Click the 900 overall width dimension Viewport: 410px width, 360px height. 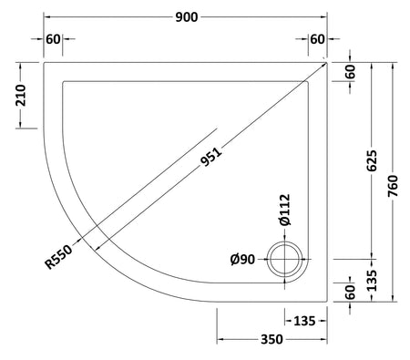click(x=187, y=17)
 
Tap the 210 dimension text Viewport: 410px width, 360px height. click(x=21, y=96)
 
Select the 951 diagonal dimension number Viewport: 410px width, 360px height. click(x=211, y=157)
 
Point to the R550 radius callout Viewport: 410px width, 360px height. click(x=59, y=257)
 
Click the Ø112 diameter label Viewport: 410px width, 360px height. click(x=285, y=210)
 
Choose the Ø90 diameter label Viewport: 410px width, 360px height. click(x=242, y=260)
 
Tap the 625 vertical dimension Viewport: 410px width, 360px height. click(x=372, y=160)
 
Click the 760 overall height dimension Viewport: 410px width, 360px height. click(x=393, y=186)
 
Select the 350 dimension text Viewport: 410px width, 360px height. click(x=272, y=339)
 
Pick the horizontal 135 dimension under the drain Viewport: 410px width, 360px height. click(x=305, y=321)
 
